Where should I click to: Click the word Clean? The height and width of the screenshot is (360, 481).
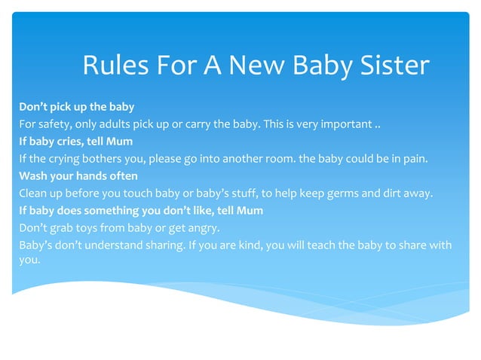coord(33,193)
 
